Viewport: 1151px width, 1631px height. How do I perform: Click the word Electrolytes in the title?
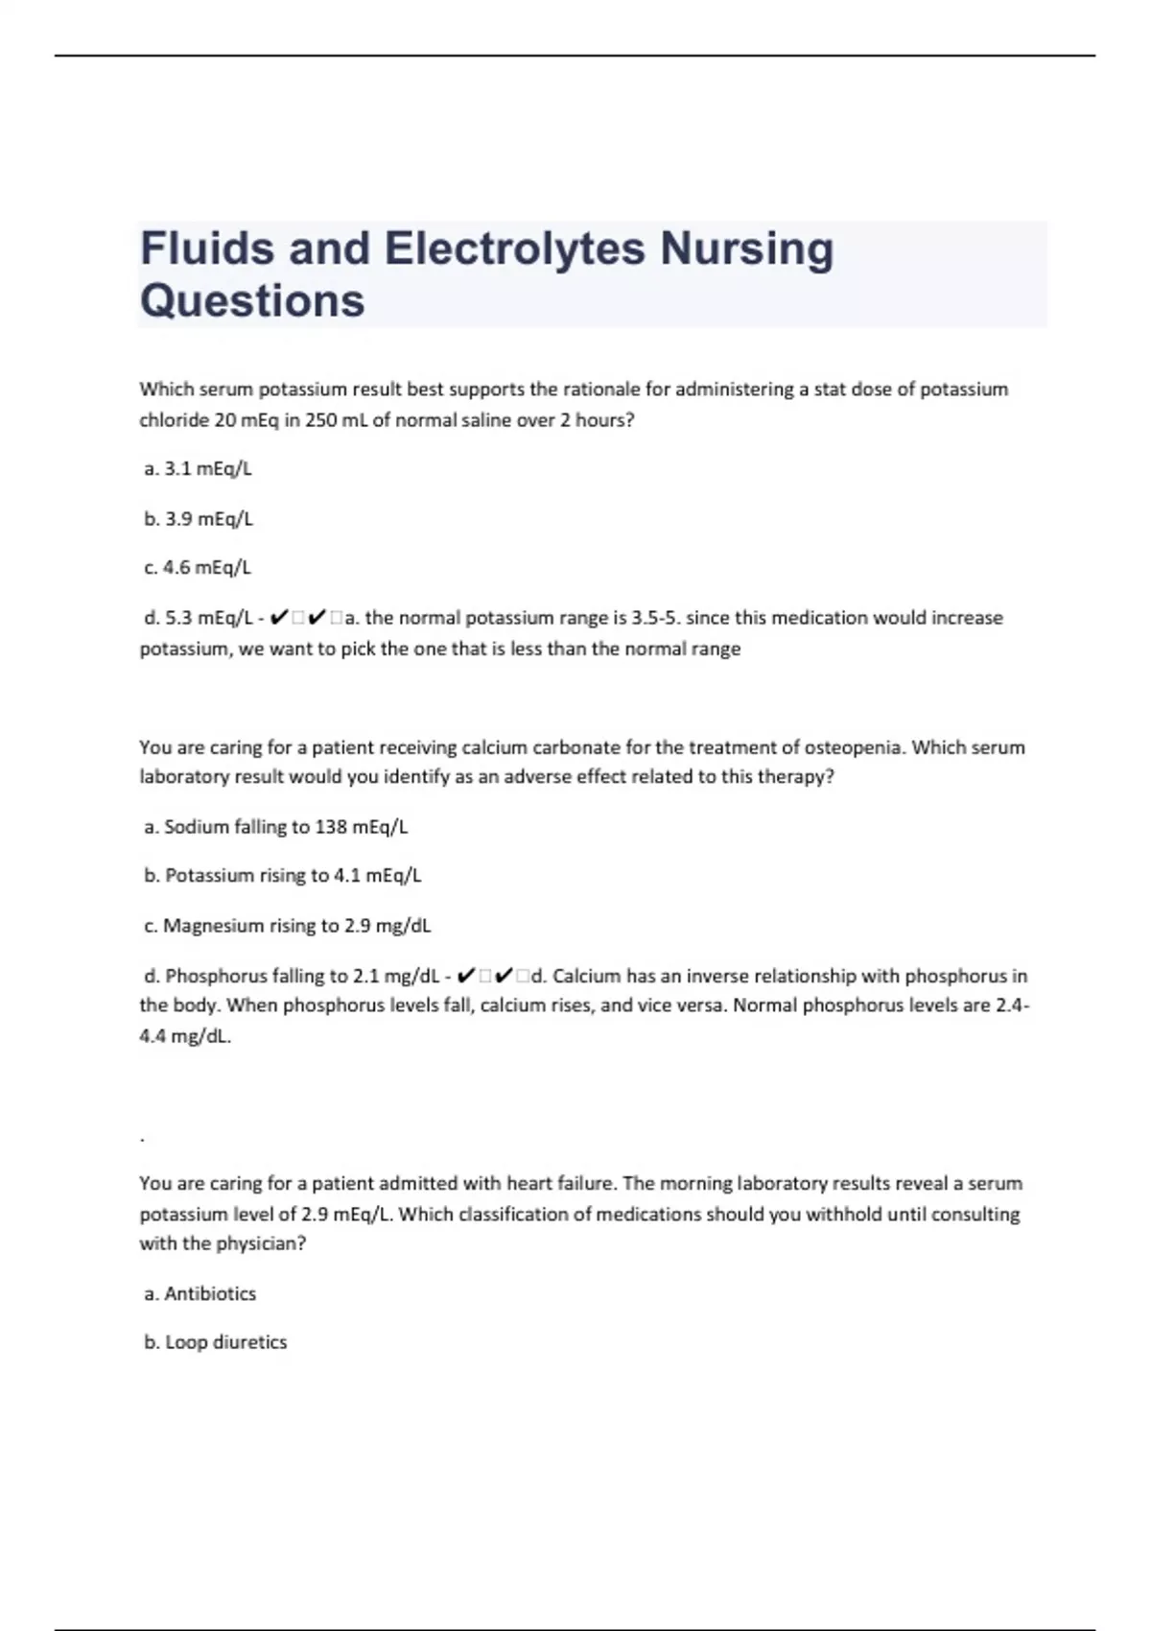(514, 248)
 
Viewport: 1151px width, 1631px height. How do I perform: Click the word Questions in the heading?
(252, 300)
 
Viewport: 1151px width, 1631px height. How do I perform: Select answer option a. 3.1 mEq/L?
(198, 469)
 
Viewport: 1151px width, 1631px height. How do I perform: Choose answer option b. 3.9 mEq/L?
(199, 519)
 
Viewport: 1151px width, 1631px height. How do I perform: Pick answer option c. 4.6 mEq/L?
(198, 568)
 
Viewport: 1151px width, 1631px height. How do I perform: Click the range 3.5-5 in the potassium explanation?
(654, 618)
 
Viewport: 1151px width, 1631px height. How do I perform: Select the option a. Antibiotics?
(200, 1293)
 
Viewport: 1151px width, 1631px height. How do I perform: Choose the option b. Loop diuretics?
(216, 1342)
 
